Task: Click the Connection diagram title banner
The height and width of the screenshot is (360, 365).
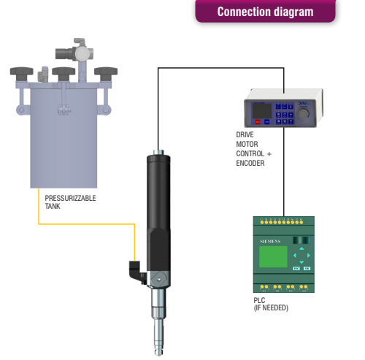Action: [x=266, y=11]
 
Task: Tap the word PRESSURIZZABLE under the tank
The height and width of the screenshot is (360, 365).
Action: [x=70, y=198]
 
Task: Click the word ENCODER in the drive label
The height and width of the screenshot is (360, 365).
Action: [x=250, y=163]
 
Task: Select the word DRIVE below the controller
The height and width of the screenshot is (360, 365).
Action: [x=245, y=134]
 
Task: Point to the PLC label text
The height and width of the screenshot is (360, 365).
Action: [x=259, y=300]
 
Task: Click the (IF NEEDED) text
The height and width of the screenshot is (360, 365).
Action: [x=271, y=308]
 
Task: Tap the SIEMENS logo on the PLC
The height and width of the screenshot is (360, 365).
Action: [x=270, y=242]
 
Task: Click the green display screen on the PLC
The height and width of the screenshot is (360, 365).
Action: [x=273, y=256]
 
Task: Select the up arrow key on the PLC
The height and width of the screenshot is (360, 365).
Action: [x=301, y=248]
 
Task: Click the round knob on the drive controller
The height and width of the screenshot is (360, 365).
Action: [x=304, y=114]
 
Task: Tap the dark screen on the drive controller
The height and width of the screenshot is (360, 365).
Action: [x=262, y=111]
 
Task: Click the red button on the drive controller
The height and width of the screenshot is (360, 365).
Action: [x=258, y=122]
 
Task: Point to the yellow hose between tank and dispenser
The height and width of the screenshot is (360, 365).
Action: [x=86, y=224]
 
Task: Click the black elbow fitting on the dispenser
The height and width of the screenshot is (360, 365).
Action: [x=134, y=271]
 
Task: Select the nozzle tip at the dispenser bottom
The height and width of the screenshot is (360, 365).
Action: [x=158, y=353]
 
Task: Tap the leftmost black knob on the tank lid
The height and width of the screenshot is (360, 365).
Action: [x=22, y=73]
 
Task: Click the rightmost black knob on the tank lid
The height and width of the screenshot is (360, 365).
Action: [x=106, y=73]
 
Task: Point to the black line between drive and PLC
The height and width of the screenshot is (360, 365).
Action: [x=284, y=172]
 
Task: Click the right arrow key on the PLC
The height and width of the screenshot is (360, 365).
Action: [x=309, y=256]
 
